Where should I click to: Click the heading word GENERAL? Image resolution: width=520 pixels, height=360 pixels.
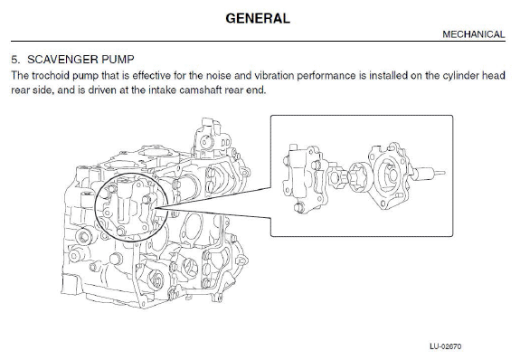(x=258, y=18)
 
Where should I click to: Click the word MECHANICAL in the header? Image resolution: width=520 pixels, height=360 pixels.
(x=474, y=34)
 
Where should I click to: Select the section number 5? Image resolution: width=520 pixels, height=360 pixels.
(x=15, y=60)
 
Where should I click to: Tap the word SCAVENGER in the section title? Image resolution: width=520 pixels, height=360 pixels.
(x=62, y=60)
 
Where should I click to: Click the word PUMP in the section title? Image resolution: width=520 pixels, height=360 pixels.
(x=118, y=60)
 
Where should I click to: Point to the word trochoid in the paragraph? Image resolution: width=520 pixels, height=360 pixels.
(x=51, y=75)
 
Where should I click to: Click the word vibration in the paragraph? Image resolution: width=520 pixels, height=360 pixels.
(x=274, y=75)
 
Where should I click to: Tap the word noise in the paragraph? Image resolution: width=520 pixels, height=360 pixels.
(x=218, y=75)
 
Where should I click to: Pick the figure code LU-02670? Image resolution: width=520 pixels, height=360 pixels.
(x=445, y=346)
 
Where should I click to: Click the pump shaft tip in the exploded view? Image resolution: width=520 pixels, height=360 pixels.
(x=441, y=173)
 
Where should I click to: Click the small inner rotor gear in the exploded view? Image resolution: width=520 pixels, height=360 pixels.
(x=337, y=177)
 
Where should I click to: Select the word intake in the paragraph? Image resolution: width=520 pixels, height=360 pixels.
(x=162, y=90)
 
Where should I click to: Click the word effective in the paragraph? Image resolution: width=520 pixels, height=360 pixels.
(x=151, y=75)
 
